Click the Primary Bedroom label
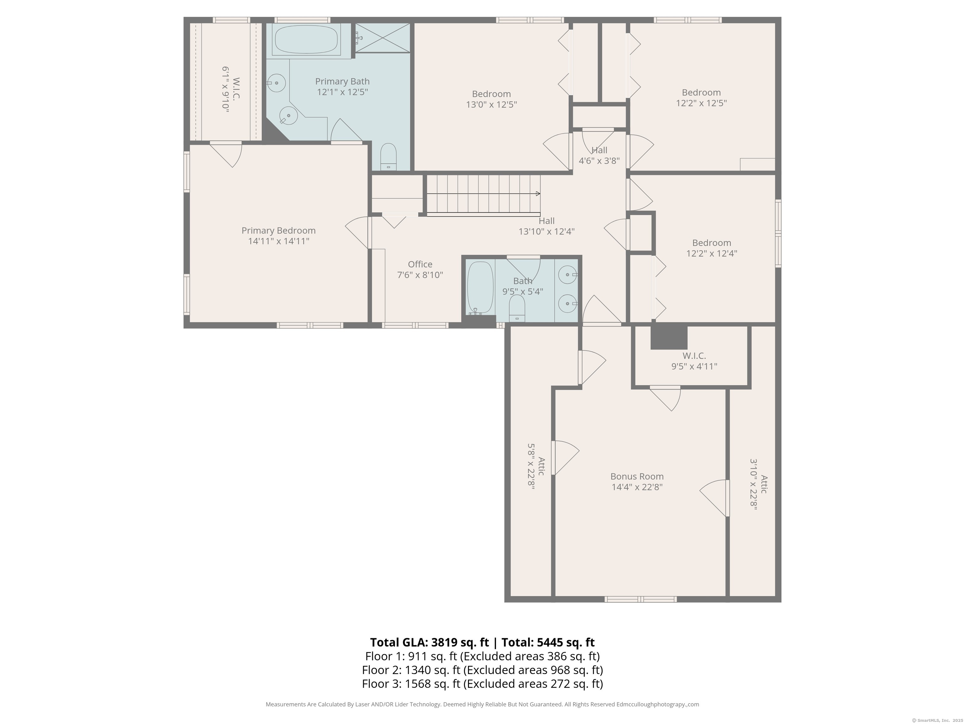click(x=278, y=230)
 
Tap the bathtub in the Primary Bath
click(x=306, y=40)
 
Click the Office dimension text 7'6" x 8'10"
click(x=420, y=275)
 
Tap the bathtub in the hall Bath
click(x=480, y=287)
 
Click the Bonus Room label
click(x=637, y=477)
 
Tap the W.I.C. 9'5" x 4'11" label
click(x=694, y=361)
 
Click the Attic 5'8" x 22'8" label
click(x=536, y=467)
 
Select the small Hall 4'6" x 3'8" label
click(x=599, y=155)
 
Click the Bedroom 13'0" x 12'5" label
click(x=491, y=99)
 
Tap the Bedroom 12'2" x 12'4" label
click(x=711, y=248)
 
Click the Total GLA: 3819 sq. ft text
click(x=429, y=642)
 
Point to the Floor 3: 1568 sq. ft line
click(x=482, y=683)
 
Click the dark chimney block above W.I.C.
click(x=669, y=337)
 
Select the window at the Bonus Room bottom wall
click(x=641, y=599)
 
